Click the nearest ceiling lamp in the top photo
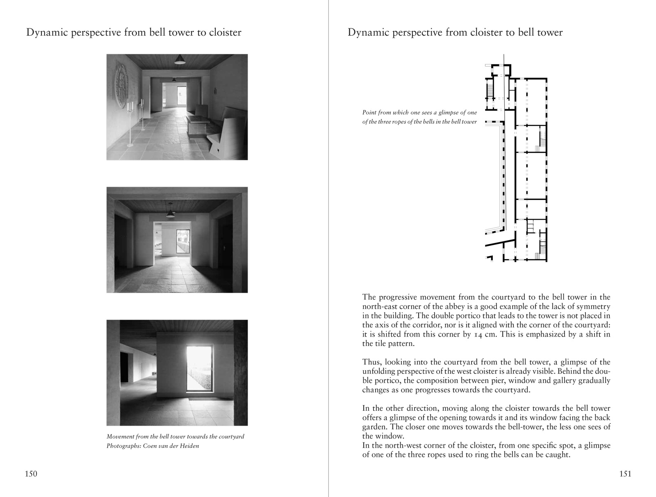coord(179,61)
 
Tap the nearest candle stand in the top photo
coord(130,123)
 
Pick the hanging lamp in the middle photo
coord(170,213)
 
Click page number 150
coord(31,474)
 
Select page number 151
coord(625,474)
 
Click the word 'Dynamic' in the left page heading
coord(44,32)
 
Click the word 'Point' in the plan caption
coord(369,112)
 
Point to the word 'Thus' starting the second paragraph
coord(370,362)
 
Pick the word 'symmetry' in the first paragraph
coord(593,307)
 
